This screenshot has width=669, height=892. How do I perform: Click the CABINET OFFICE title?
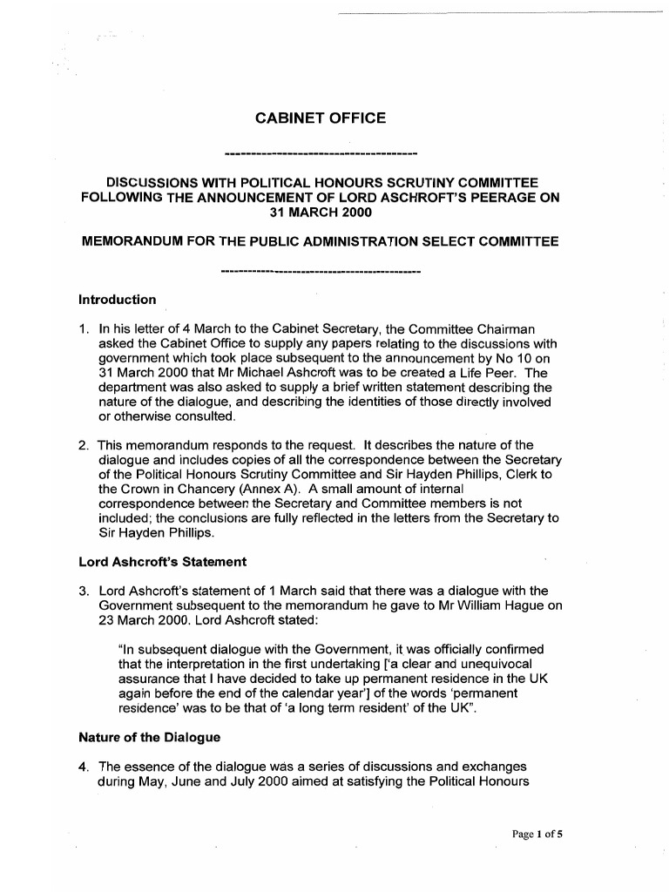[x=319, y=117]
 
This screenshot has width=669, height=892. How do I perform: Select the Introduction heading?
[x=118, y=300]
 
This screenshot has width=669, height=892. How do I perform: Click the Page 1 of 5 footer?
[x=537, y=834]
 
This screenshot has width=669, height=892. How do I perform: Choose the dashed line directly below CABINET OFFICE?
[x=321, y=156]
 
